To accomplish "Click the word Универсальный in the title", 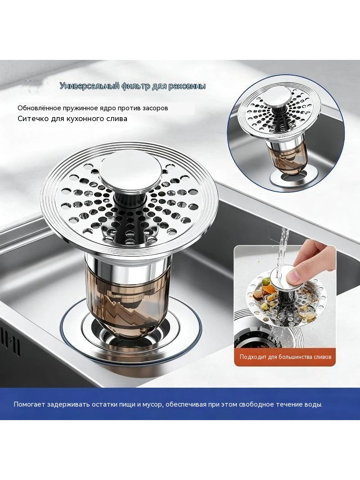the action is [x=89, y=86].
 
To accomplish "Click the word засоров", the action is [x=154, y=108].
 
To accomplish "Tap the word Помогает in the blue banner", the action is [x=29, y=404].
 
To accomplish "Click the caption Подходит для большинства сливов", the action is [x=285, y=357].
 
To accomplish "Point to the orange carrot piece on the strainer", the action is [x=271, y=289].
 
